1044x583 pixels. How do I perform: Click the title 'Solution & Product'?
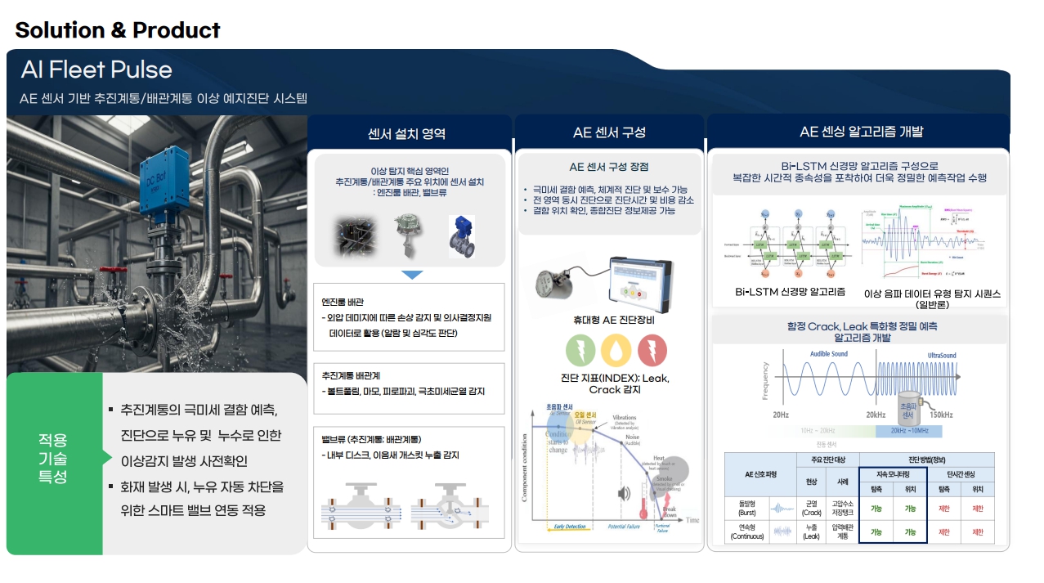coord(118,30)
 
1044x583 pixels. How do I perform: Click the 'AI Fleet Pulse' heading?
coord(96,70)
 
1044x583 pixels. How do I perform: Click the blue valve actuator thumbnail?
coord(461,236)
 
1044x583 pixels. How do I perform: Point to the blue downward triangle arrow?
coord(412,276)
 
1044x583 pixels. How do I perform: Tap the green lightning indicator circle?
coord(580,351)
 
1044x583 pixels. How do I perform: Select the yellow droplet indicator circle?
coord(616,351)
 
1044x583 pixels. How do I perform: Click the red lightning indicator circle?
coord(652,351)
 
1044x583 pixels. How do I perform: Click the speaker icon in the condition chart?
coord(625,493)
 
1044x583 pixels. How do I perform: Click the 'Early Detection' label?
coord(570,527)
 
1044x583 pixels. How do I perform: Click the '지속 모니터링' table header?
coord(893,474)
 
